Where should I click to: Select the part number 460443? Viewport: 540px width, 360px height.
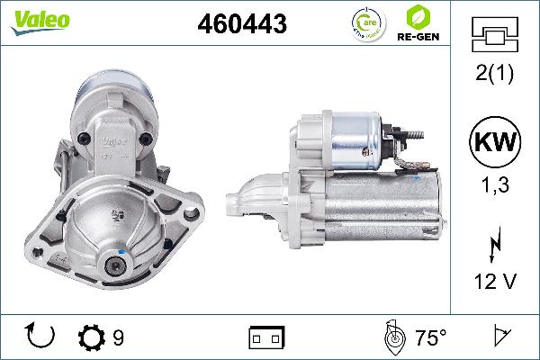click(x=241, y=25)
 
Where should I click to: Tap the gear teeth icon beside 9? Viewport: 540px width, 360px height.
click(x=92, y=338)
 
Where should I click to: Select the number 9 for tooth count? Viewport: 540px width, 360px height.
click(x=118, y=338)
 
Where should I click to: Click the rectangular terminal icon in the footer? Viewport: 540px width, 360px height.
click(x=266, y=338)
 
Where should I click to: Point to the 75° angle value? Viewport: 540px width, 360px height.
click(x=430, y=338)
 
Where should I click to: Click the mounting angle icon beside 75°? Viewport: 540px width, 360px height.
click(x=392, y=337)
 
